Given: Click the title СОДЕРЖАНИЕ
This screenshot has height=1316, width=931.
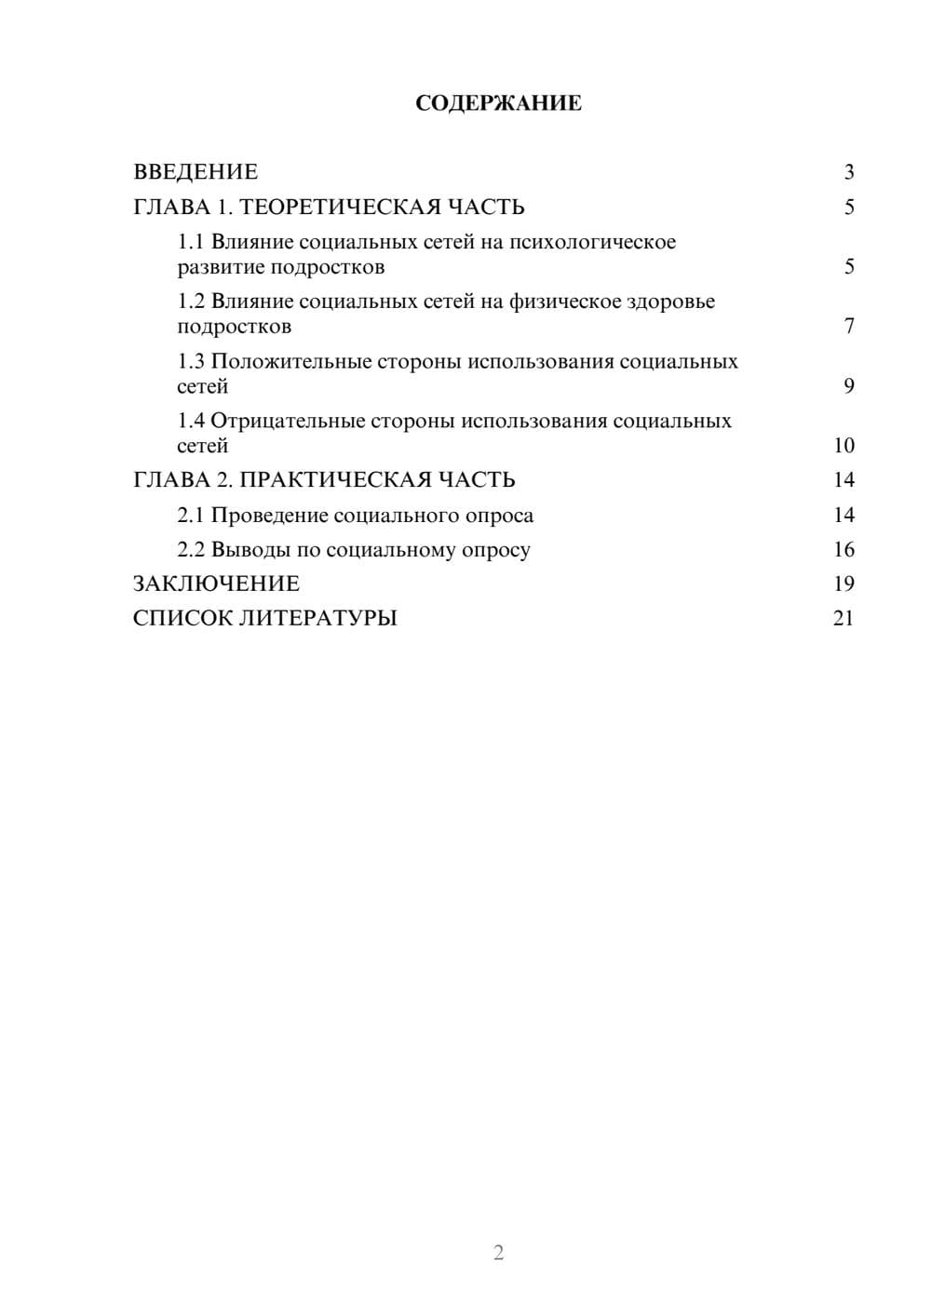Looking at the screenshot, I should (x=498, y=103).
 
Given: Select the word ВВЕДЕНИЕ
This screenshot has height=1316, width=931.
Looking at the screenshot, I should (x=196, y=172).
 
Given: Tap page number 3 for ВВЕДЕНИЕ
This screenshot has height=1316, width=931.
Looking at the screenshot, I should (x=848, y=172).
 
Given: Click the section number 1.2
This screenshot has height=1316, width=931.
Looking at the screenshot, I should (x=191, y=302).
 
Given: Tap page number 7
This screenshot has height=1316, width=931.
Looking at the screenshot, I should (x=848, y=327).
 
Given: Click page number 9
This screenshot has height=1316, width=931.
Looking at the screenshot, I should (x=848, y=386).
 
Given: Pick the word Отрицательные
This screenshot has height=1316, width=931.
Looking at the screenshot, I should (x=287, y=421).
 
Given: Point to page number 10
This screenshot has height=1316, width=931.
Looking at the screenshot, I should (x=843, y=446).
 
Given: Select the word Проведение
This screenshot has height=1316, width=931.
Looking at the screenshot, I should (x=269, y=516).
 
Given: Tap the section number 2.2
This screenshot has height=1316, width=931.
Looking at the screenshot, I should (x=191, y=550).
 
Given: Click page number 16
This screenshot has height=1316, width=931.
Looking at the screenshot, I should (x=843, y=550).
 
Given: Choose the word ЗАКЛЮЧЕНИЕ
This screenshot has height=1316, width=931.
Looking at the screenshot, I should (x=216, y=584).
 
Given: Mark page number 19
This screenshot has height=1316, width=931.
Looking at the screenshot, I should (x=843, y=584).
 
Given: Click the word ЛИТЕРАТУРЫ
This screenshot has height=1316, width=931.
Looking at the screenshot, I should (x=318, y=619).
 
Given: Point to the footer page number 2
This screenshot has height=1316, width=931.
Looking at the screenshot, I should (x=498, y=1253).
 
